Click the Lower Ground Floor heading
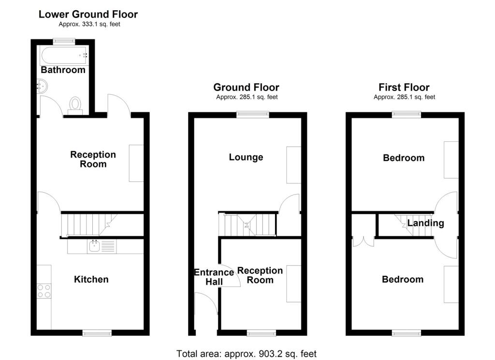pyautogui.click(x=88, y=15)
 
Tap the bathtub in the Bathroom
pyautogui.click(x=64, y=55)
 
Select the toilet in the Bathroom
pyautogui.click(x=75, y=105)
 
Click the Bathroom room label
pyautogui.click(x=63, y=70)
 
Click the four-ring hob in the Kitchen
pyautogui.click(x=44, y=290)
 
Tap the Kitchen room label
pyautogui.click(x=91, y=279)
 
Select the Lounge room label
pyautogui.click(x=246, y=157)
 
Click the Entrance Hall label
pyautogui.click(x=214, y=277)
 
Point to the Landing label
pyautogui.click(x=425, y=223)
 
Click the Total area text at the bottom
pyautogui.click(x=247, y=354)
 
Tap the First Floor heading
pyautogui.click(x=404, y=88)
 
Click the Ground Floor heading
pyautogui.click(x=246, y=88)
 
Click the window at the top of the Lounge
pyautogui.click(x=253, y=114)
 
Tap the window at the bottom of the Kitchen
pyautogui.click(x=97, y=333)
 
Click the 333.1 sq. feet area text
pyautogui.click(x=89, y=24)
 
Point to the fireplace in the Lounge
pyautogui.click(x=293, y=165)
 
